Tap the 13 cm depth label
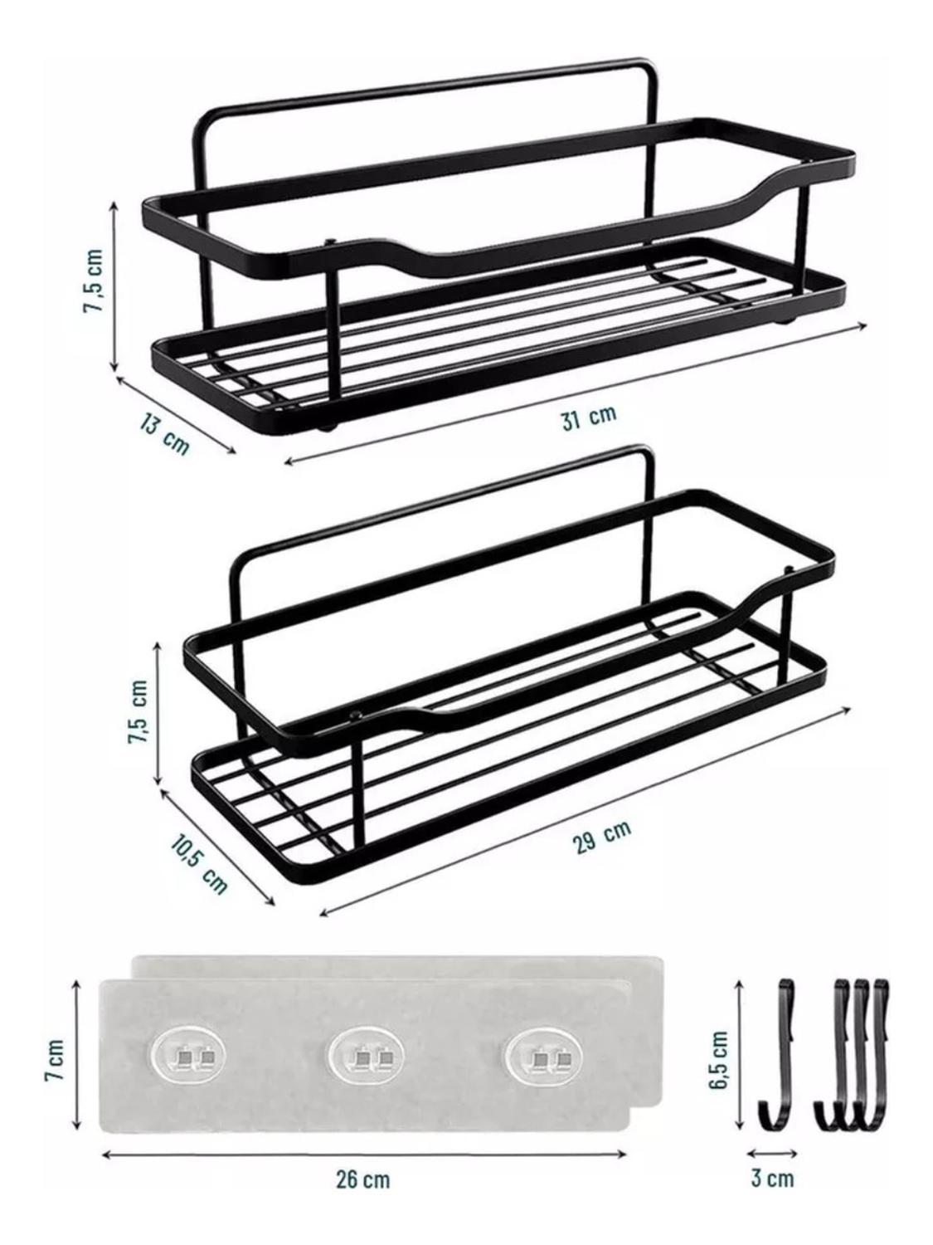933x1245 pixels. [163, 433]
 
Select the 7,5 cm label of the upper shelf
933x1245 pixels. [94, 281]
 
